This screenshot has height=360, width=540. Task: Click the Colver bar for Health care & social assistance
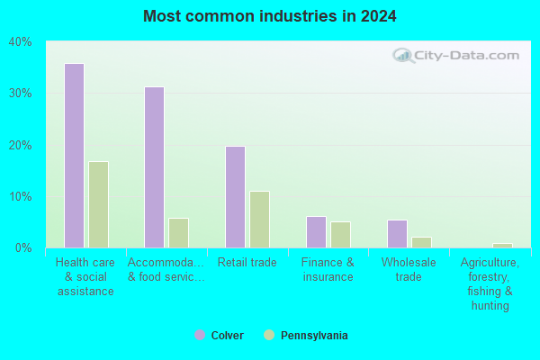click(x=75, y=156)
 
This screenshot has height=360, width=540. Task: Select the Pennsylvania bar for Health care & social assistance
click(x=99, y=204)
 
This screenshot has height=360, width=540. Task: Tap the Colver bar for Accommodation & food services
click(x=154, y=167)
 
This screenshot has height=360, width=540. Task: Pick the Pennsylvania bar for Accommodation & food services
click(x=179, y=233)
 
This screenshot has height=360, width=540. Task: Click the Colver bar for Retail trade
click(x=236, y=197)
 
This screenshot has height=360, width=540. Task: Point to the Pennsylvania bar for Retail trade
click(x=260, y=220)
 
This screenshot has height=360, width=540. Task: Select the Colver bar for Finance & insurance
click(x=316, y=232)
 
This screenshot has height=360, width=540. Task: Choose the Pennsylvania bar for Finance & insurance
click(x=340, y=235)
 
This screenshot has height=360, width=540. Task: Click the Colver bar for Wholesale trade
click(x=398, y=234)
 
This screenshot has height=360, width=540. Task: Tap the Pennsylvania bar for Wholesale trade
click(x=421, y=242)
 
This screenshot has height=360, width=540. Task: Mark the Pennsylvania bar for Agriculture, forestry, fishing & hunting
click(x=502, y=246)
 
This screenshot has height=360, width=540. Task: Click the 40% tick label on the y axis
click(x=21, y=42)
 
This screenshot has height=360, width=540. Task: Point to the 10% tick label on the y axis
click(x=21, y=197)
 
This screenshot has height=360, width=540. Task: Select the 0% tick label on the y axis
click(x=23, y=247)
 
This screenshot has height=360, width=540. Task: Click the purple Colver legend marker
click(x=200, y=335)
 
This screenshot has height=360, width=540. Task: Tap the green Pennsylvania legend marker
click(x=269, y=335)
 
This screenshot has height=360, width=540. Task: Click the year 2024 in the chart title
click(x=379, y=16)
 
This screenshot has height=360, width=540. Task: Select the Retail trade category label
click(x=247, y=263)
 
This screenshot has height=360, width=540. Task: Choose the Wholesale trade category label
click(x=409, y=269)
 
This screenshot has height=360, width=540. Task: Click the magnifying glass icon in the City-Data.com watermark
click(x=402, y=56)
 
